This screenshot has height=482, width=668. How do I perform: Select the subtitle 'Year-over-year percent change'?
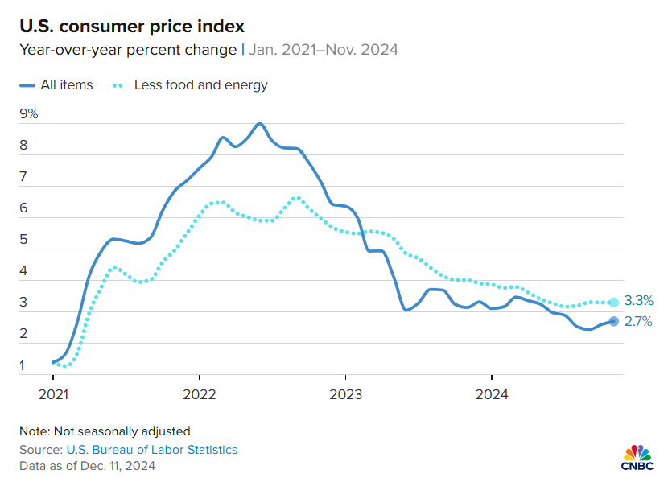[x=126, y=50]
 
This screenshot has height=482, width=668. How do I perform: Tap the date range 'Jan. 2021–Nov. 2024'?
[x=324, y=50]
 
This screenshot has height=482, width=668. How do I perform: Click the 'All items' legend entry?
[x=56, y=84]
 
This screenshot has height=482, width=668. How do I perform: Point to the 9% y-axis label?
[x=29, y=113]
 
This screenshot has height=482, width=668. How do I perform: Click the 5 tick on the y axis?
[x=24, y=240]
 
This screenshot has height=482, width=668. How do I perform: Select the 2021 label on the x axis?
[x=53, y=394]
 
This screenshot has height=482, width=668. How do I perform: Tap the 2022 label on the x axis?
[x=199, y=394]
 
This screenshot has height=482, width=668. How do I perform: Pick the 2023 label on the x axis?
[x=345, y=394]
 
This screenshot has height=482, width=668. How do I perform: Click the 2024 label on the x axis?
[x=491, y=394]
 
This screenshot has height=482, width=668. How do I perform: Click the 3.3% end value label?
[x=638, y=301]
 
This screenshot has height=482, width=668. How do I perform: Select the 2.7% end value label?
[x=638, y=322]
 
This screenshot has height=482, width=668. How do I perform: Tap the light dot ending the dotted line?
[x=613, y=303]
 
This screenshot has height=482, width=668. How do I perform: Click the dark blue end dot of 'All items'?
[x=613, y=321]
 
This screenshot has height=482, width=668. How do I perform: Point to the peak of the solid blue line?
[x=259, y=124]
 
